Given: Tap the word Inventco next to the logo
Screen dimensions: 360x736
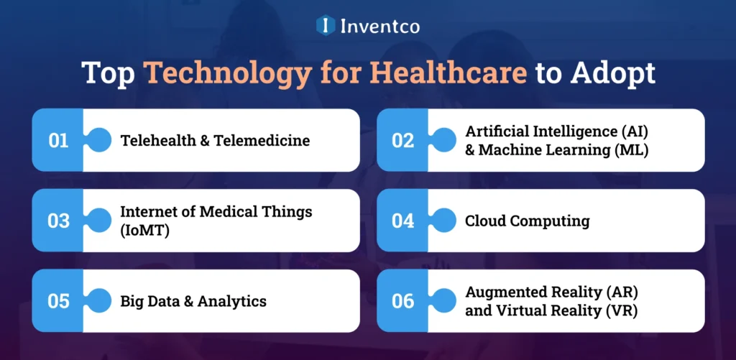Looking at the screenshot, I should pyautogui.click(x=379, y=26).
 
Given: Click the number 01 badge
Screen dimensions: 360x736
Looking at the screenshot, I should pyautogui.click(x=58, y=140).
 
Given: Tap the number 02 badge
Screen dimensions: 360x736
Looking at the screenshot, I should pyautogui.click(x=402, y=140).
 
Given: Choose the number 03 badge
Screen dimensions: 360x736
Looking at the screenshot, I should pyautogui.click(x=58, y=221).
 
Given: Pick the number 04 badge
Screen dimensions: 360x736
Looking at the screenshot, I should pyautogui.click(x=402, y=221).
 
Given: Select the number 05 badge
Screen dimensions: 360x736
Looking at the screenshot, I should pyautogui.click(x=58, y=301).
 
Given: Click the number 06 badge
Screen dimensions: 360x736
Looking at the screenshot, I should pyautogui.click(x=402, y=301).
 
